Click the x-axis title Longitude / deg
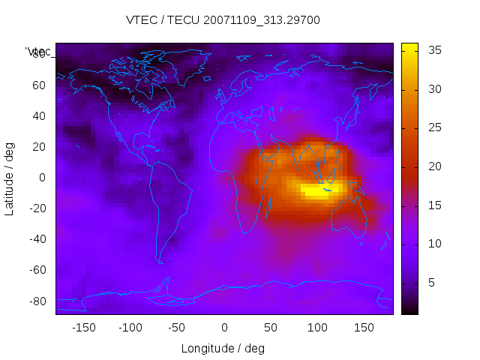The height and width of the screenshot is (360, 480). coord(223,348)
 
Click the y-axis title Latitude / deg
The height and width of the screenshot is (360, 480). coord(10,178)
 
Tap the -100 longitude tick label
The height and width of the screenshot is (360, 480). coord(130,328)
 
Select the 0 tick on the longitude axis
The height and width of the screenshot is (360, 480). coord(223,328)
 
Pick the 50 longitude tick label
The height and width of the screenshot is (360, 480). coord(270,328)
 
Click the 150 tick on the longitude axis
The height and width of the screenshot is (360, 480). coord(364,328)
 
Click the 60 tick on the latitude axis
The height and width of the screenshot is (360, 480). coord(39,85)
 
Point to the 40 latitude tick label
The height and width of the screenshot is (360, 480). coord(39,115)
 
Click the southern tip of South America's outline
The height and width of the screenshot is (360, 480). coord(160,262)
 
